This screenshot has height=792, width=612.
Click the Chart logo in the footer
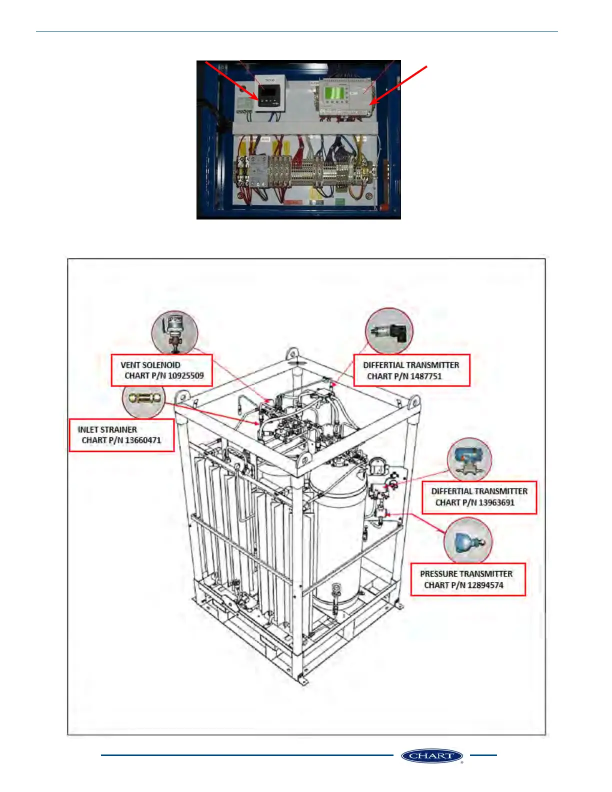click(431, 755)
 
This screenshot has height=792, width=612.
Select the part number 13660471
click(142, 440)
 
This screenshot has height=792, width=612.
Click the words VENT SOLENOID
click(150, 365)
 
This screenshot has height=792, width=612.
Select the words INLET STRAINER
click(107, 429)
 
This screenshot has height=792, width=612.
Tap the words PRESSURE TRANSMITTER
click(466, 574)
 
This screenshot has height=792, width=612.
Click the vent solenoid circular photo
click(174, 332)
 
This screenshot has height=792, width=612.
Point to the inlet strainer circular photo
click(143, 398)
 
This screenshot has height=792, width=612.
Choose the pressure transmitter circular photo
click(468, 541)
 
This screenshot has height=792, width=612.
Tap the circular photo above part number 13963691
click(469, 460)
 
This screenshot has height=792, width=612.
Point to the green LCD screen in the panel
click(333, 92)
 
